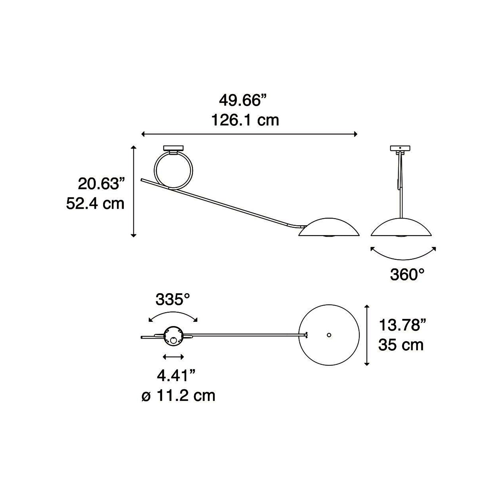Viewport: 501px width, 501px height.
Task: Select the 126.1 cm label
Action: [x=245, y=120]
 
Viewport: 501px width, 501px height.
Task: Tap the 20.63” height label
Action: [x=101, y=184]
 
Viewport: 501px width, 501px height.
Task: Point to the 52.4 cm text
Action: [x=95, y=203]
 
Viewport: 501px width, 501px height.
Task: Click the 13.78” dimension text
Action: [x=402, y=325]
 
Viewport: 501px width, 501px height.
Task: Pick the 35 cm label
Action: [x=401, y=345]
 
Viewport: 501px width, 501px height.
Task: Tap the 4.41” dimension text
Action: [x=176, y=376]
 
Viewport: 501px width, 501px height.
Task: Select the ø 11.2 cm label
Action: [x=178, y=396]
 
